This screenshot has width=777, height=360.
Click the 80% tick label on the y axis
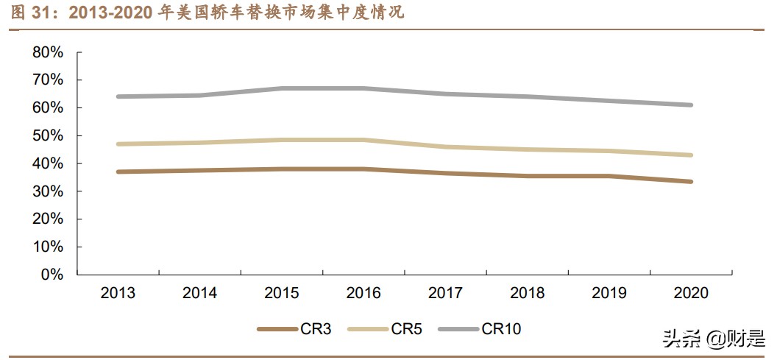coord(48,52)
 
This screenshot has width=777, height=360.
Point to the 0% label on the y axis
coord(52,275)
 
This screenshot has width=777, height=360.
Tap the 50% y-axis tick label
coord(48,136)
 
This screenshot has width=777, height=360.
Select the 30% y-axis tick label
coord(48,191)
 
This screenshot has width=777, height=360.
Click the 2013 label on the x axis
coord(118,293)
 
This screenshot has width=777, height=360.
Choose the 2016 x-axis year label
coord(363,293)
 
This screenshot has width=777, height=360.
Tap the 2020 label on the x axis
coord(690,293)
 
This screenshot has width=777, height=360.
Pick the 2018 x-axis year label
coord(527,293)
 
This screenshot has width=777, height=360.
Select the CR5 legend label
coord(407,329)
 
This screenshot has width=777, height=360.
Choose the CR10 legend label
coord(501,329)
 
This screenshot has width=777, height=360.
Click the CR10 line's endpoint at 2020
coord(690,105)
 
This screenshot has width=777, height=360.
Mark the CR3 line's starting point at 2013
coord(118,172)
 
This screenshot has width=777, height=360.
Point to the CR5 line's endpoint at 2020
coord(690,155)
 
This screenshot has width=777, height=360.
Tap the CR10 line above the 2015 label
coord(282,88)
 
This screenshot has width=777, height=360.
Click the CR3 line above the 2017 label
coord(445,173)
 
